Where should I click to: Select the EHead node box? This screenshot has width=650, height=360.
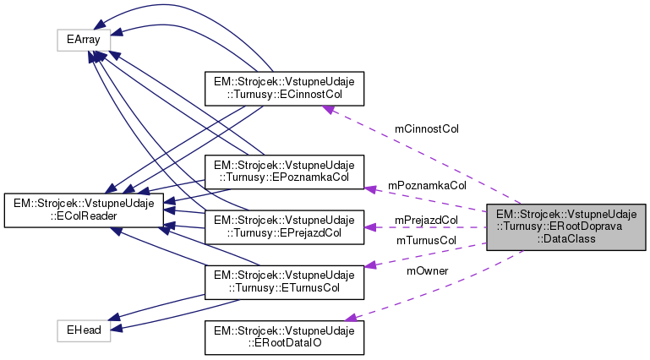(84, 330)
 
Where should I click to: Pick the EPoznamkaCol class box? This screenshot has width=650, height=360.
(285, 170)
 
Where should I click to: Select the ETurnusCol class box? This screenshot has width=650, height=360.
(285, 281)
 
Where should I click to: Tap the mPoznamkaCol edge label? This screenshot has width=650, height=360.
(427, 184)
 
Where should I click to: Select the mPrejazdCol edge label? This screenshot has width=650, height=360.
(426, 220)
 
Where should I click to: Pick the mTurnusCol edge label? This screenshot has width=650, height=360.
(426, 240)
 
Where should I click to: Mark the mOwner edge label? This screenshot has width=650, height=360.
(427, 270)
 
